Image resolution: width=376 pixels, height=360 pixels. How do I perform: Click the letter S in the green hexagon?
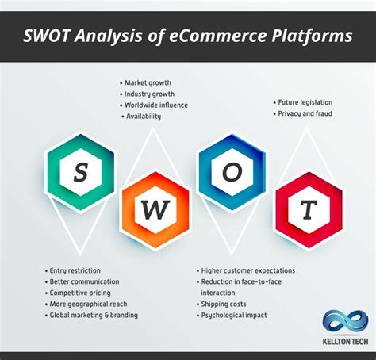pos(80,171)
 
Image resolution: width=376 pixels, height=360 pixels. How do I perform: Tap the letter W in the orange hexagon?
pos(155,210)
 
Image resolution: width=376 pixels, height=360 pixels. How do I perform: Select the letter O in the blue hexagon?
pos(231,172)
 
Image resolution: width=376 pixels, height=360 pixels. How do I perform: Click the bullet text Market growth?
pos(148,82)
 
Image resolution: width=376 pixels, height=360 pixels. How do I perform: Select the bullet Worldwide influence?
pos(156,105)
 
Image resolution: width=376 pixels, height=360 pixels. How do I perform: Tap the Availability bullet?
pos(143,116)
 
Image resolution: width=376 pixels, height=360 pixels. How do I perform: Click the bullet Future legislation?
pos(305,102)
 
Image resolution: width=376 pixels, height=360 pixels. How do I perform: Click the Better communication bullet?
pos(84,281)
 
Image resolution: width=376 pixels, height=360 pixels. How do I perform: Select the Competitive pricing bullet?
pos(80,293)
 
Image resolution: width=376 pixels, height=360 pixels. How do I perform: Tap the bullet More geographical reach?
pos(87,304)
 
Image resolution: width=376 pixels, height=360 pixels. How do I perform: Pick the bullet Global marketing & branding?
pos(93,315)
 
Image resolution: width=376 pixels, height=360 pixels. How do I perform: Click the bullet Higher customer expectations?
pos(248,270)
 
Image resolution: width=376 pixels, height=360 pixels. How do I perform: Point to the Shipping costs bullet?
pos(225,304)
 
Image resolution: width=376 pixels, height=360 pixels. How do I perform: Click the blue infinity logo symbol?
pos(345,322)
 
